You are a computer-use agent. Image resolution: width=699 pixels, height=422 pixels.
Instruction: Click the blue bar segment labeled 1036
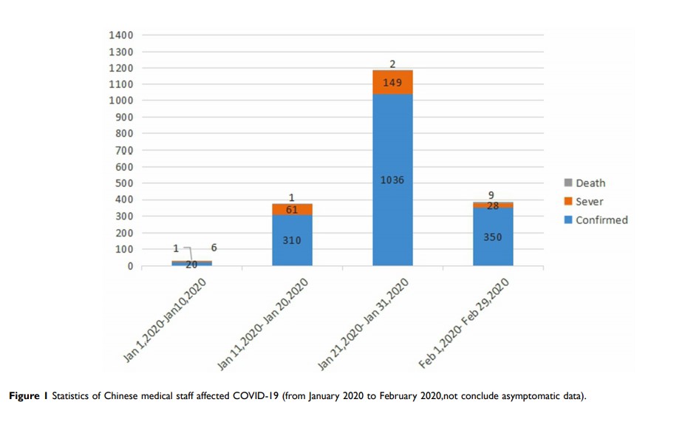[392, 180]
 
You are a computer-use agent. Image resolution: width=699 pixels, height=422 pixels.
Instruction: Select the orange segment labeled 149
[392, 83]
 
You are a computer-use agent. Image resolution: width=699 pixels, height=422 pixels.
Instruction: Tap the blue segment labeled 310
[292, 240]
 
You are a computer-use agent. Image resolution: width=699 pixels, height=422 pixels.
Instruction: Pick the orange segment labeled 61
[292, 210]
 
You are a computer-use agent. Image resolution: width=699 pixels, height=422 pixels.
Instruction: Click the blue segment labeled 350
[493, 238]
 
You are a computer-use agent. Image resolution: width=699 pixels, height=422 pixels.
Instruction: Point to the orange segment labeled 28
[493, 205]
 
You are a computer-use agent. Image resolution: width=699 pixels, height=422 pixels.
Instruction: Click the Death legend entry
[584, 183]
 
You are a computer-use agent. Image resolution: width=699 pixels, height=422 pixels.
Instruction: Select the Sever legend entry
[584, 201]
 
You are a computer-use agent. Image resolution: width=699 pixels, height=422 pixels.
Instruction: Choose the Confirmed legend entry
[596, 219]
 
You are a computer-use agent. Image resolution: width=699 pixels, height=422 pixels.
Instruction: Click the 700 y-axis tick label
[123, 151]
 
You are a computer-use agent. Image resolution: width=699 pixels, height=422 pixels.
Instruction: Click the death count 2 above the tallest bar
[393, 64]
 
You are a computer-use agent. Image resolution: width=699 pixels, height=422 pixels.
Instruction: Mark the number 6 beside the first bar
[214, 248]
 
